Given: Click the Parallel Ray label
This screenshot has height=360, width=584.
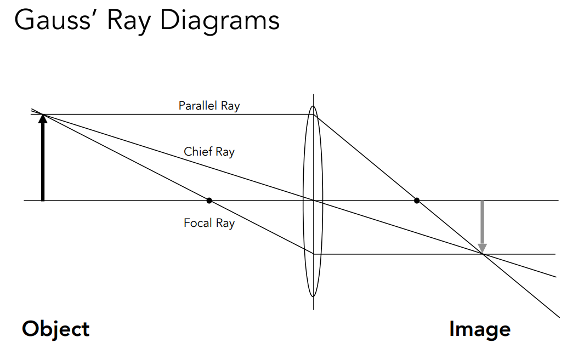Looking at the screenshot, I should click(x=209, y=106).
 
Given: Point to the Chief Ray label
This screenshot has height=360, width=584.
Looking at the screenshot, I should click(x=209, y=152).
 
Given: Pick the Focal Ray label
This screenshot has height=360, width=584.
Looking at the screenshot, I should click(x=209, y=223).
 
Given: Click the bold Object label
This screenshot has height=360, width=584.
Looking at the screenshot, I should click(x=55, y=329).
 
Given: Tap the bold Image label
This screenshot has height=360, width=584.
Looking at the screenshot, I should click(x=479, y=329).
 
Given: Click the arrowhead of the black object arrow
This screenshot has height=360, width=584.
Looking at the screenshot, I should click(x=43, y=118).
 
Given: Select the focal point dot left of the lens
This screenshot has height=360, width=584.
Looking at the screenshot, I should click(x=209, y=201).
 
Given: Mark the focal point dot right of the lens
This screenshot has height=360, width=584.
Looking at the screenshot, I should click(x=417, y=201).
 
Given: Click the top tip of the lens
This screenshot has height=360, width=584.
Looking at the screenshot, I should click(x=313, y=106).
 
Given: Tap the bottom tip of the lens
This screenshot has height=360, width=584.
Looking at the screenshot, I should click(x=313, y=296).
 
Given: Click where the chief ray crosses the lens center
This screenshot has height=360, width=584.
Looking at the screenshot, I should click(x=313, y=201).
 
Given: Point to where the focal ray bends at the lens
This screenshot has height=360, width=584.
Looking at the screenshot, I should click(x=313, y=254).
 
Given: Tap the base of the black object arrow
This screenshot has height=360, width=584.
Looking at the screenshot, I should click(x=43, y=199).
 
